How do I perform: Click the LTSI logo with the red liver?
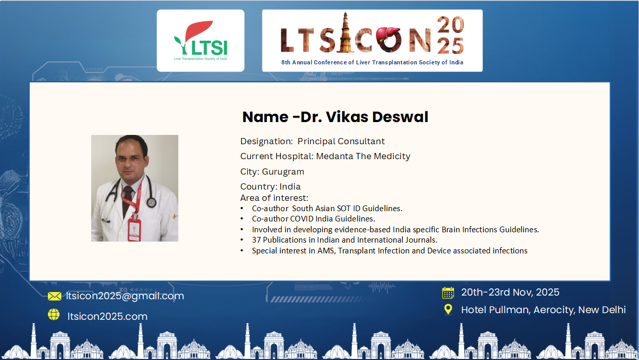[200, 41]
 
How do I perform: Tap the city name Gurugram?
[283, 172]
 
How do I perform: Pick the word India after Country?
[290, 187]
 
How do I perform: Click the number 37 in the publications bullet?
[256, 240]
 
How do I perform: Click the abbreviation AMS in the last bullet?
[326, 250]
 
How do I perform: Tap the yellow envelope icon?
[55, 296]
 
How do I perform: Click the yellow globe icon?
[54, 315]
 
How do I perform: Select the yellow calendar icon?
[448, 293]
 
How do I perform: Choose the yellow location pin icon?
[448, 309]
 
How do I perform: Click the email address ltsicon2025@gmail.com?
[125, 296]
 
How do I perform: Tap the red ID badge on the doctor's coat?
[134, 230]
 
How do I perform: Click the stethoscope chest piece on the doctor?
[152, 202]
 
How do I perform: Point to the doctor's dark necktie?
[127, 199]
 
